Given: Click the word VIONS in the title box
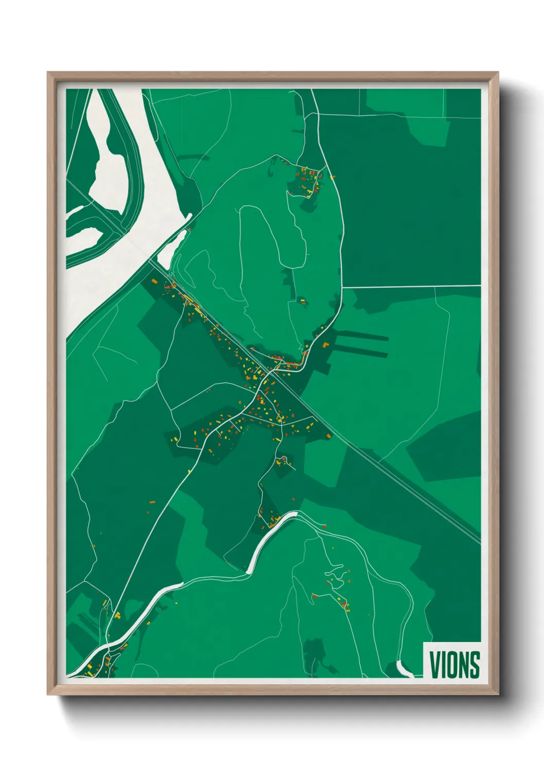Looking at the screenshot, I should [454, 665].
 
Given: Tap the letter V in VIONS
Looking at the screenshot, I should [434, 665].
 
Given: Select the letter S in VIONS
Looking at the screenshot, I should [474, 665].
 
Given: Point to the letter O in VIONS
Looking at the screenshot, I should [452, 665].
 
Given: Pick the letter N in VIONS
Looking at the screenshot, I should [463, 665].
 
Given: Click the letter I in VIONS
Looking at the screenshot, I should [443, 665].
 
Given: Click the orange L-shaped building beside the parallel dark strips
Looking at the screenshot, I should [325, 344].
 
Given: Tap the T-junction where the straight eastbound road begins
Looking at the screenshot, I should [342, 287].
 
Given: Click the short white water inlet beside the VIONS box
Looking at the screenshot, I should [405, 669].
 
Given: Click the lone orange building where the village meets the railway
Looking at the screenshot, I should [329, 436].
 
